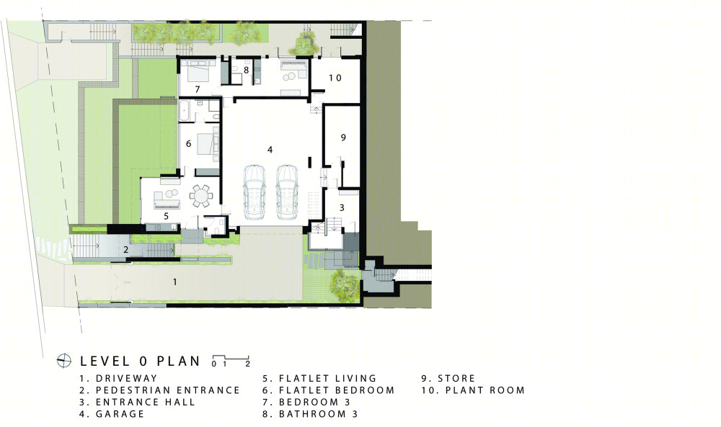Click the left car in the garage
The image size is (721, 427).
click(255, 192)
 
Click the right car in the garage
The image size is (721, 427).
click(287, 192)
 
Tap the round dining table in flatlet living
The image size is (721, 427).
click(201, 196)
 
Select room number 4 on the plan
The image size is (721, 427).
click(270, 150)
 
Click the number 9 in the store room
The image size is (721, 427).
click(343, 138)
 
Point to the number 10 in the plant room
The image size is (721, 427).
click(335, 78)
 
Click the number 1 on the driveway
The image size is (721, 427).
click(174, 282)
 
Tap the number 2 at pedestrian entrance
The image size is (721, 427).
click(125, 250)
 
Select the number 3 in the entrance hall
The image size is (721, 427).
click(342, 207)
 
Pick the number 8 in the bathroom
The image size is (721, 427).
click(247, 71)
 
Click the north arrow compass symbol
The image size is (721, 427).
click(64, 361)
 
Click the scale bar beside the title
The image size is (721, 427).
click(231, 361)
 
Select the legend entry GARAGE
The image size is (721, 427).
click(120, 414)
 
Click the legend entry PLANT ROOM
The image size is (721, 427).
click(485, 390)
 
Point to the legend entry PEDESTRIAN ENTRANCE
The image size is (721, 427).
click(168, 390)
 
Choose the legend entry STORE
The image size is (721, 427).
click(456, 378)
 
